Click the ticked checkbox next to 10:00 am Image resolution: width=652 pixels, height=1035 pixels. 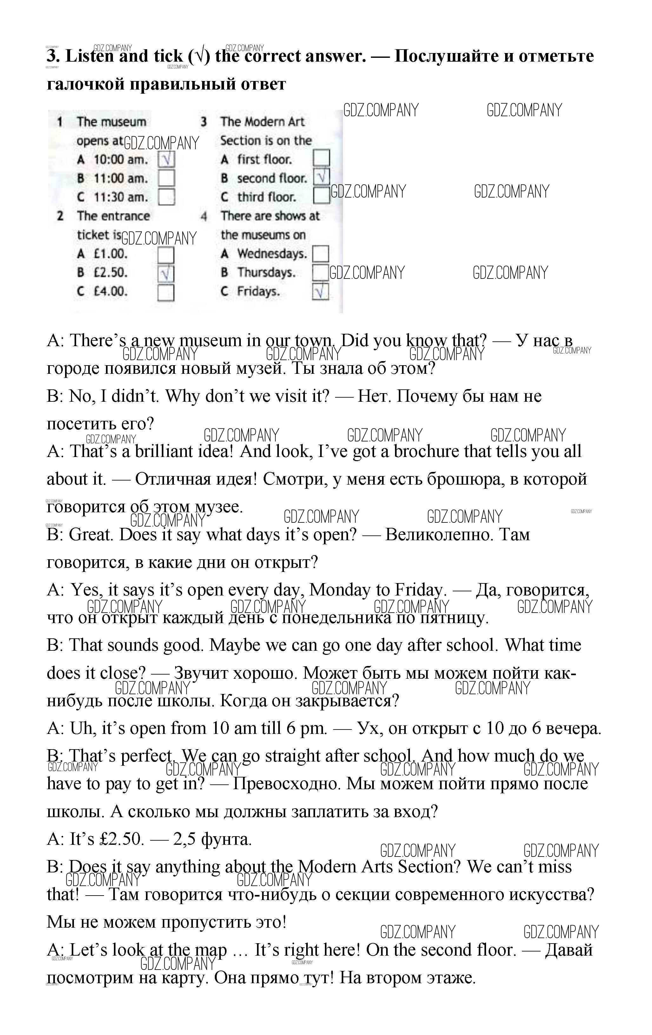pos(166,160)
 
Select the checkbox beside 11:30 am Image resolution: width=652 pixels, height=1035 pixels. pos(166,197)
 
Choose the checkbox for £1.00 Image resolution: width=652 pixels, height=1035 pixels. pos(166,254)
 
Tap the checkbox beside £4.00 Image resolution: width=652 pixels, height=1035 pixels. pos(166,293)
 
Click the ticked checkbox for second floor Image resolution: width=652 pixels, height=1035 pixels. pos(321,177)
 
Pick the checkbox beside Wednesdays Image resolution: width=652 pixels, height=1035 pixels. pos(320,254)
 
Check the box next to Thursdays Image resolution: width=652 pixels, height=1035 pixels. pos(320,272)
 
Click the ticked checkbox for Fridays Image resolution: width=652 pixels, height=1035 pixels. pos(320,292)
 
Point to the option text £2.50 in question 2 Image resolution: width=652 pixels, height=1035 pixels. pos(111,272)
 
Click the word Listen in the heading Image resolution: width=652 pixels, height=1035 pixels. pos(89,56)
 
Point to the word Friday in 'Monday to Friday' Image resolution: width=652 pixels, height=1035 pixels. pos(418,590)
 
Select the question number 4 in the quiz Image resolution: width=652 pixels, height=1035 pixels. pos(204,216)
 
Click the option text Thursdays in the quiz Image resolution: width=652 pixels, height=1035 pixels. pos(266,272)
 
